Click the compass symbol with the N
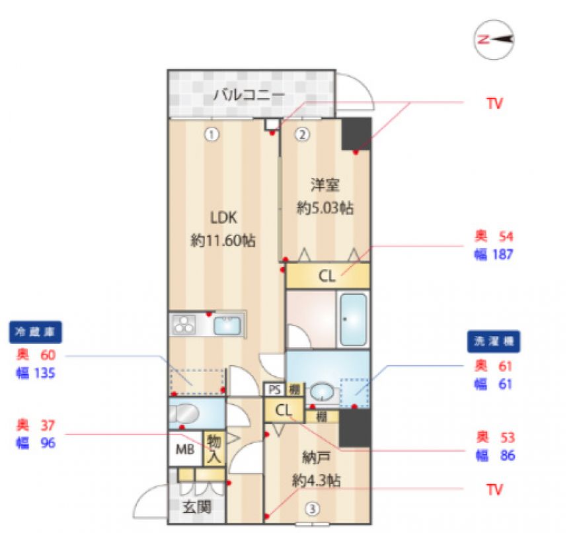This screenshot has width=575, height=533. tap(494, 40)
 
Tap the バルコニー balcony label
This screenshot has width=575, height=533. tap(249, 95)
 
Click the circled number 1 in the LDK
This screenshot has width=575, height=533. tap(211, 135)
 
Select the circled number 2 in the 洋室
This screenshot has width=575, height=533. tap(302, 135)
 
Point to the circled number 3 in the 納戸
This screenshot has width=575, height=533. tap(312, 509)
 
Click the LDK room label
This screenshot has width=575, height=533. tap(223, 218)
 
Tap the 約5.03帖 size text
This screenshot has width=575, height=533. tap(325, 208)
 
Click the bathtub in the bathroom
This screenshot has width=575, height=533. tap(354, 319)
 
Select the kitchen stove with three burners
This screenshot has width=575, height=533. tap(182, 325)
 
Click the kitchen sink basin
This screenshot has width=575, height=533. tap(227, 325)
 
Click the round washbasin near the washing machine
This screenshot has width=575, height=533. tap(322, 393)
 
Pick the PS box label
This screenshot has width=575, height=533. tap(275, 389)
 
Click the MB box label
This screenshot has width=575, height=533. tap(185, 449)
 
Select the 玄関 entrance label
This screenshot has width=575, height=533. tap(197, 507)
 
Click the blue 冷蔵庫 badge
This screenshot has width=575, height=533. tap(35, 332)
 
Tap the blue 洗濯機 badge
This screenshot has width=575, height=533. tap(494, 341)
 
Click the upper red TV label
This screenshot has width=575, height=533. tap(494, 104)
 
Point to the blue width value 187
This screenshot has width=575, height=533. tap(502, 255)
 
